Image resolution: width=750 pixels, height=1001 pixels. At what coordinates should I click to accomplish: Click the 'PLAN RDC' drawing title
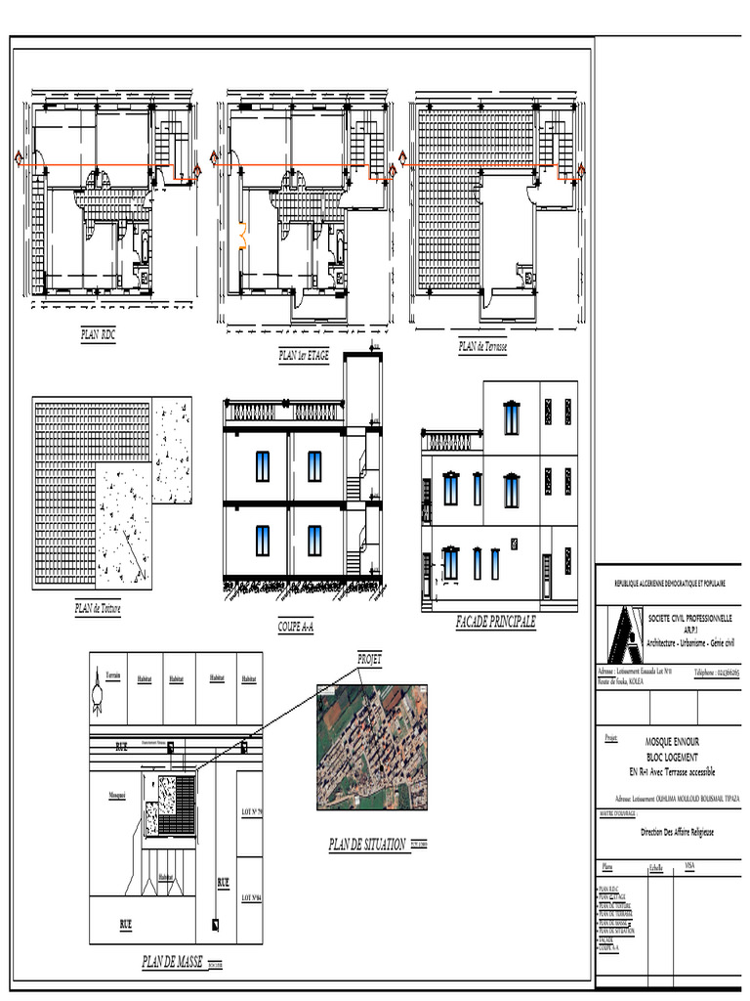[x=99, y=334]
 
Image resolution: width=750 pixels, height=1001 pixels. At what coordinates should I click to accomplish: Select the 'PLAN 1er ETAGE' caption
[x=304, y=356]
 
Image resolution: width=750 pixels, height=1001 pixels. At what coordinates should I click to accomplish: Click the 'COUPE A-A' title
[x=303, y=626]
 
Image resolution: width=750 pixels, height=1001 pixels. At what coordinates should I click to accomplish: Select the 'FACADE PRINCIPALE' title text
[x=495, y=623]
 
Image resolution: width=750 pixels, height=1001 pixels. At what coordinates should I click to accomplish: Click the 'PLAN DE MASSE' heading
[x=173, y=962]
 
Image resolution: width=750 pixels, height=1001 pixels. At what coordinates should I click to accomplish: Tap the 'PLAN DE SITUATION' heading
[x=367, y=845]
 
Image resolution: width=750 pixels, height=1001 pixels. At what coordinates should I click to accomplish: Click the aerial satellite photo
[x=372, y=747]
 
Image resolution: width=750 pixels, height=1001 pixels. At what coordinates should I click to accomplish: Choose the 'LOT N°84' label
[x=250, y=897]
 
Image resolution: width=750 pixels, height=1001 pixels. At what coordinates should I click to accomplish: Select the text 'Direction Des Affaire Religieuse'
[x=677, y=832]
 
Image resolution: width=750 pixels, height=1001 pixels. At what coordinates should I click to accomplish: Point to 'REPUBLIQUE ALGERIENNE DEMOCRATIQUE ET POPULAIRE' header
[x=669, y=583]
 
